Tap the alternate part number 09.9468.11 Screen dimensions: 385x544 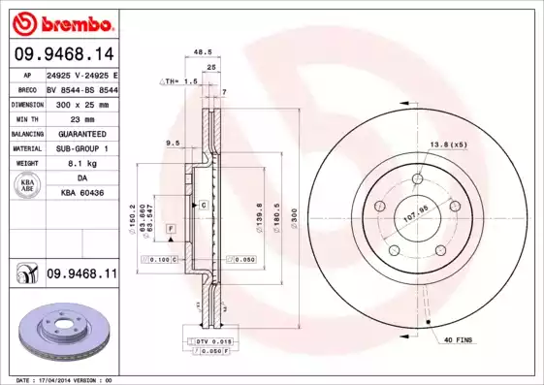pyautogui.click(x=81, y=274)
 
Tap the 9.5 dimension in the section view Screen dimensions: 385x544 pyautogui.click(x=173, y=144)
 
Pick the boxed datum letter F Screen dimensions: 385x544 pyautogui.click(x=170, y=227)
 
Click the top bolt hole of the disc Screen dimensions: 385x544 pyautogui.click(x=418, y=178)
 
